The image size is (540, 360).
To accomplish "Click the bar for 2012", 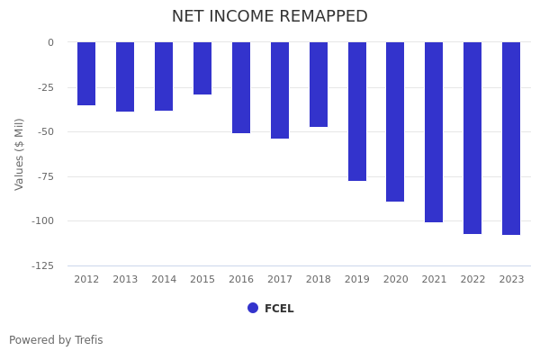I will point(86,74).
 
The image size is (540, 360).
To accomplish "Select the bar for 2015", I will point(202,68).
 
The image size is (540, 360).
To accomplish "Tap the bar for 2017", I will point(280,90).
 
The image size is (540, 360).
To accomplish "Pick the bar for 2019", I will point(357,112).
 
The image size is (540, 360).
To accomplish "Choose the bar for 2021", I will point(434,132).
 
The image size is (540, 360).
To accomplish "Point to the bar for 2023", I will point(511,139).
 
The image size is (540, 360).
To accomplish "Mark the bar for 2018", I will point(319,85).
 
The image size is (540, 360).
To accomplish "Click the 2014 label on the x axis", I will point(164,280).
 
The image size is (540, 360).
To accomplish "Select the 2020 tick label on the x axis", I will point(396,280).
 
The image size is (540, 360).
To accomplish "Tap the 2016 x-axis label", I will point(241,280).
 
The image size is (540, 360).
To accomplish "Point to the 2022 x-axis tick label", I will point(472,280).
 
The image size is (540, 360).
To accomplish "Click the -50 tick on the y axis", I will point(45,132).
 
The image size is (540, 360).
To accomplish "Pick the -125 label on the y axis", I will point(41,266).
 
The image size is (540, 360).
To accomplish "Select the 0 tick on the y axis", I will point(50,42).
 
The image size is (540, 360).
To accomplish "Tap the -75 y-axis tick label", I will point(45,177).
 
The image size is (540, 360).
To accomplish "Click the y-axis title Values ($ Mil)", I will point(20,154).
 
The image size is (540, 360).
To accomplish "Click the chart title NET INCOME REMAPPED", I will point(270,17).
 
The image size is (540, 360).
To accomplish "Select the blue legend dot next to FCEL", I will point(253,308).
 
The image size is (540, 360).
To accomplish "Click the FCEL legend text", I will point(279,309).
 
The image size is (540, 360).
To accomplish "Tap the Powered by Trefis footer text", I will point(56,340).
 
